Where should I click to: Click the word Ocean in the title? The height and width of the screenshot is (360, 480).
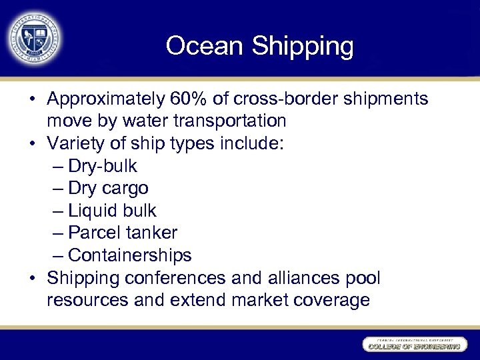pyautogui.click(x=204, y=46)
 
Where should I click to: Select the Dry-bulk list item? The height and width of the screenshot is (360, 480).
pyautogui.click(x=102, y=166)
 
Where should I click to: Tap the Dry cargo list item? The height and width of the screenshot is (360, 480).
pyautogui.click(x=108, y=189)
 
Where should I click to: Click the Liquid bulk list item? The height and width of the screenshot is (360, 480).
pyautogui.click(x=112, y=211)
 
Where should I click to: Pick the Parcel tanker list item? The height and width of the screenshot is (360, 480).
pyautogui.click(x=123, y=233)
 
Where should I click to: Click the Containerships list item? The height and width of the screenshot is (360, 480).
pyautogui.click(x=129, y=255)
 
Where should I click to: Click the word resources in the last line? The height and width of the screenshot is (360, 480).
pyautogui.click(x=88, y=300)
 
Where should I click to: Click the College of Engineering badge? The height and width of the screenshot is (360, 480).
pyautogui.click(x=413, y=344)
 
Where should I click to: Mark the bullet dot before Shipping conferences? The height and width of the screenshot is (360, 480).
pyautogui.click(x=33, y=278)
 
